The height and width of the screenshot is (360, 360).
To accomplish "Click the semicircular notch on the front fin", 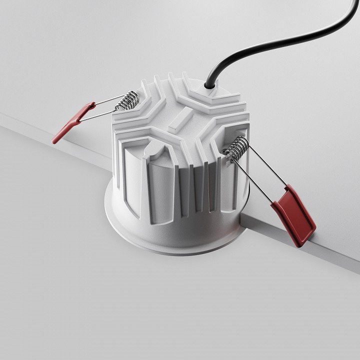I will (154, 147).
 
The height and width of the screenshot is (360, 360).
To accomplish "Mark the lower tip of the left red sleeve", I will (54, 141).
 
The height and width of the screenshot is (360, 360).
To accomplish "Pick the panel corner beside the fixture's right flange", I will (242, 216).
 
